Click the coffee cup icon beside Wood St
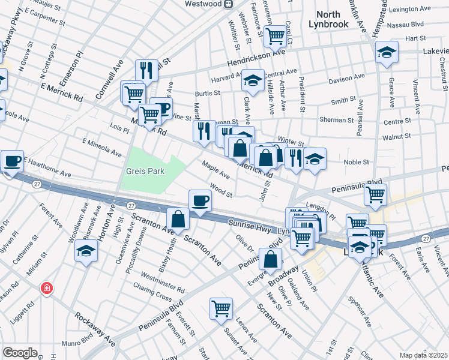(x=200, y=200)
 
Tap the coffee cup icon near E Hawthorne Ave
(x=12, y=161)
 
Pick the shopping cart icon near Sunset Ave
(x=221, y=309)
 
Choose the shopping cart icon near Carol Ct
(x=275, y=35)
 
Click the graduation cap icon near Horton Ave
(x=86, y=251)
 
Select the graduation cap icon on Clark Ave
(x=253, y=80)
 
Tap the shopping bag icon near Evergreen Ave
(x=271, y=259)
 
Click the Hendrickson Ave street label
(x=255, y=58)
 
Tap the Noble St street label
(x=355, y=162)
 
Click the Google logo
(x=20, y=353)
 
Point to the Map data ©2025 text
(x=423, y=355)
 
